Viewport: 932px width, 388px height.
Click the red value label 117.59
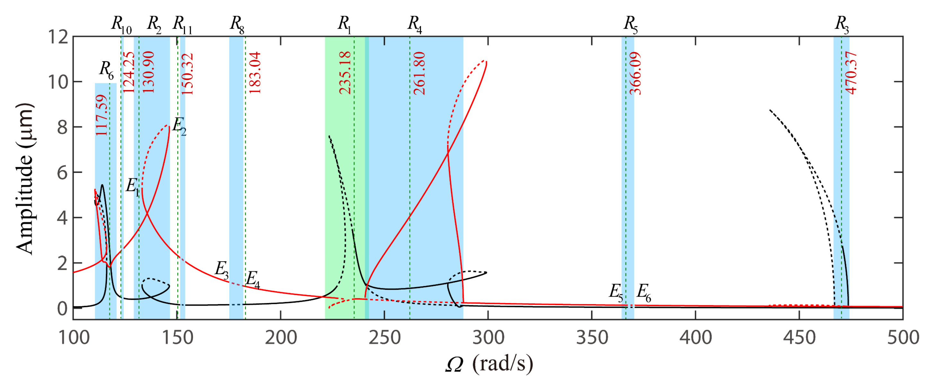coord(102,115)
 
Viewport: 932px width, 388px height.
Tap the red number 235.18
coord(345,73)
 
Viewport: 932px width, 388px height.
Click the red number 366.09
coord(635,73)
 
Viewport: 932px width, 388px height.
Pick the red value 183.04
coord(255,73)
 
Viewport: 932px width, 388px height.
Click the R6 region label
coord(106,70)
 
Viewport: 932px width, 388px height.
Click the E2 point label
coord(179,126)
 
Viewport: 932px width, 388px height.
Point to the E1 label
coord(132,187)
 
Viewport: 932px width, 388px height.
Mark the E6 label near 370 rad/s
coord(644,292)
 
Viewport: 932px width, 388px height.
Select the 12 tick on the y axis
coord(58,37)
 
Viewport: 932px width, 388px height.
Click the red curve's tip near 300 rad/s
coord(486,62)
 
